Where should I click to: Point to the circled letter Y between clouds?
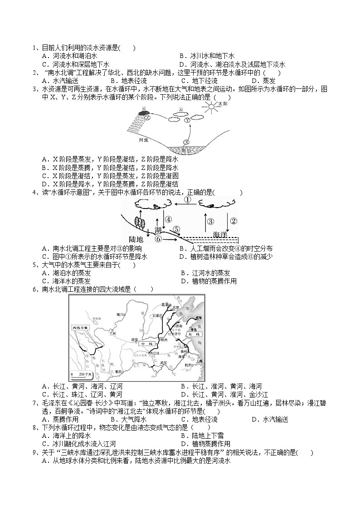187,120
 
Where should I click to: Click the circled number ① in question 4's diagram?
188,200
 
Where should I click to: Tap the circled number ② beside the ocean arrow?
234,221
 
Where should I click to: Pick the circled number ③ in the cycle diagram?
210,221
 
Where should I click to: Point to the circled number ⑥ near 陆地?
158,238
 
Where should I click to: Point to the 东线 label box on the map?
199,334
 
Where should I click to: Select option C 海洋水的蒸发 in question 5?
66,281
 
